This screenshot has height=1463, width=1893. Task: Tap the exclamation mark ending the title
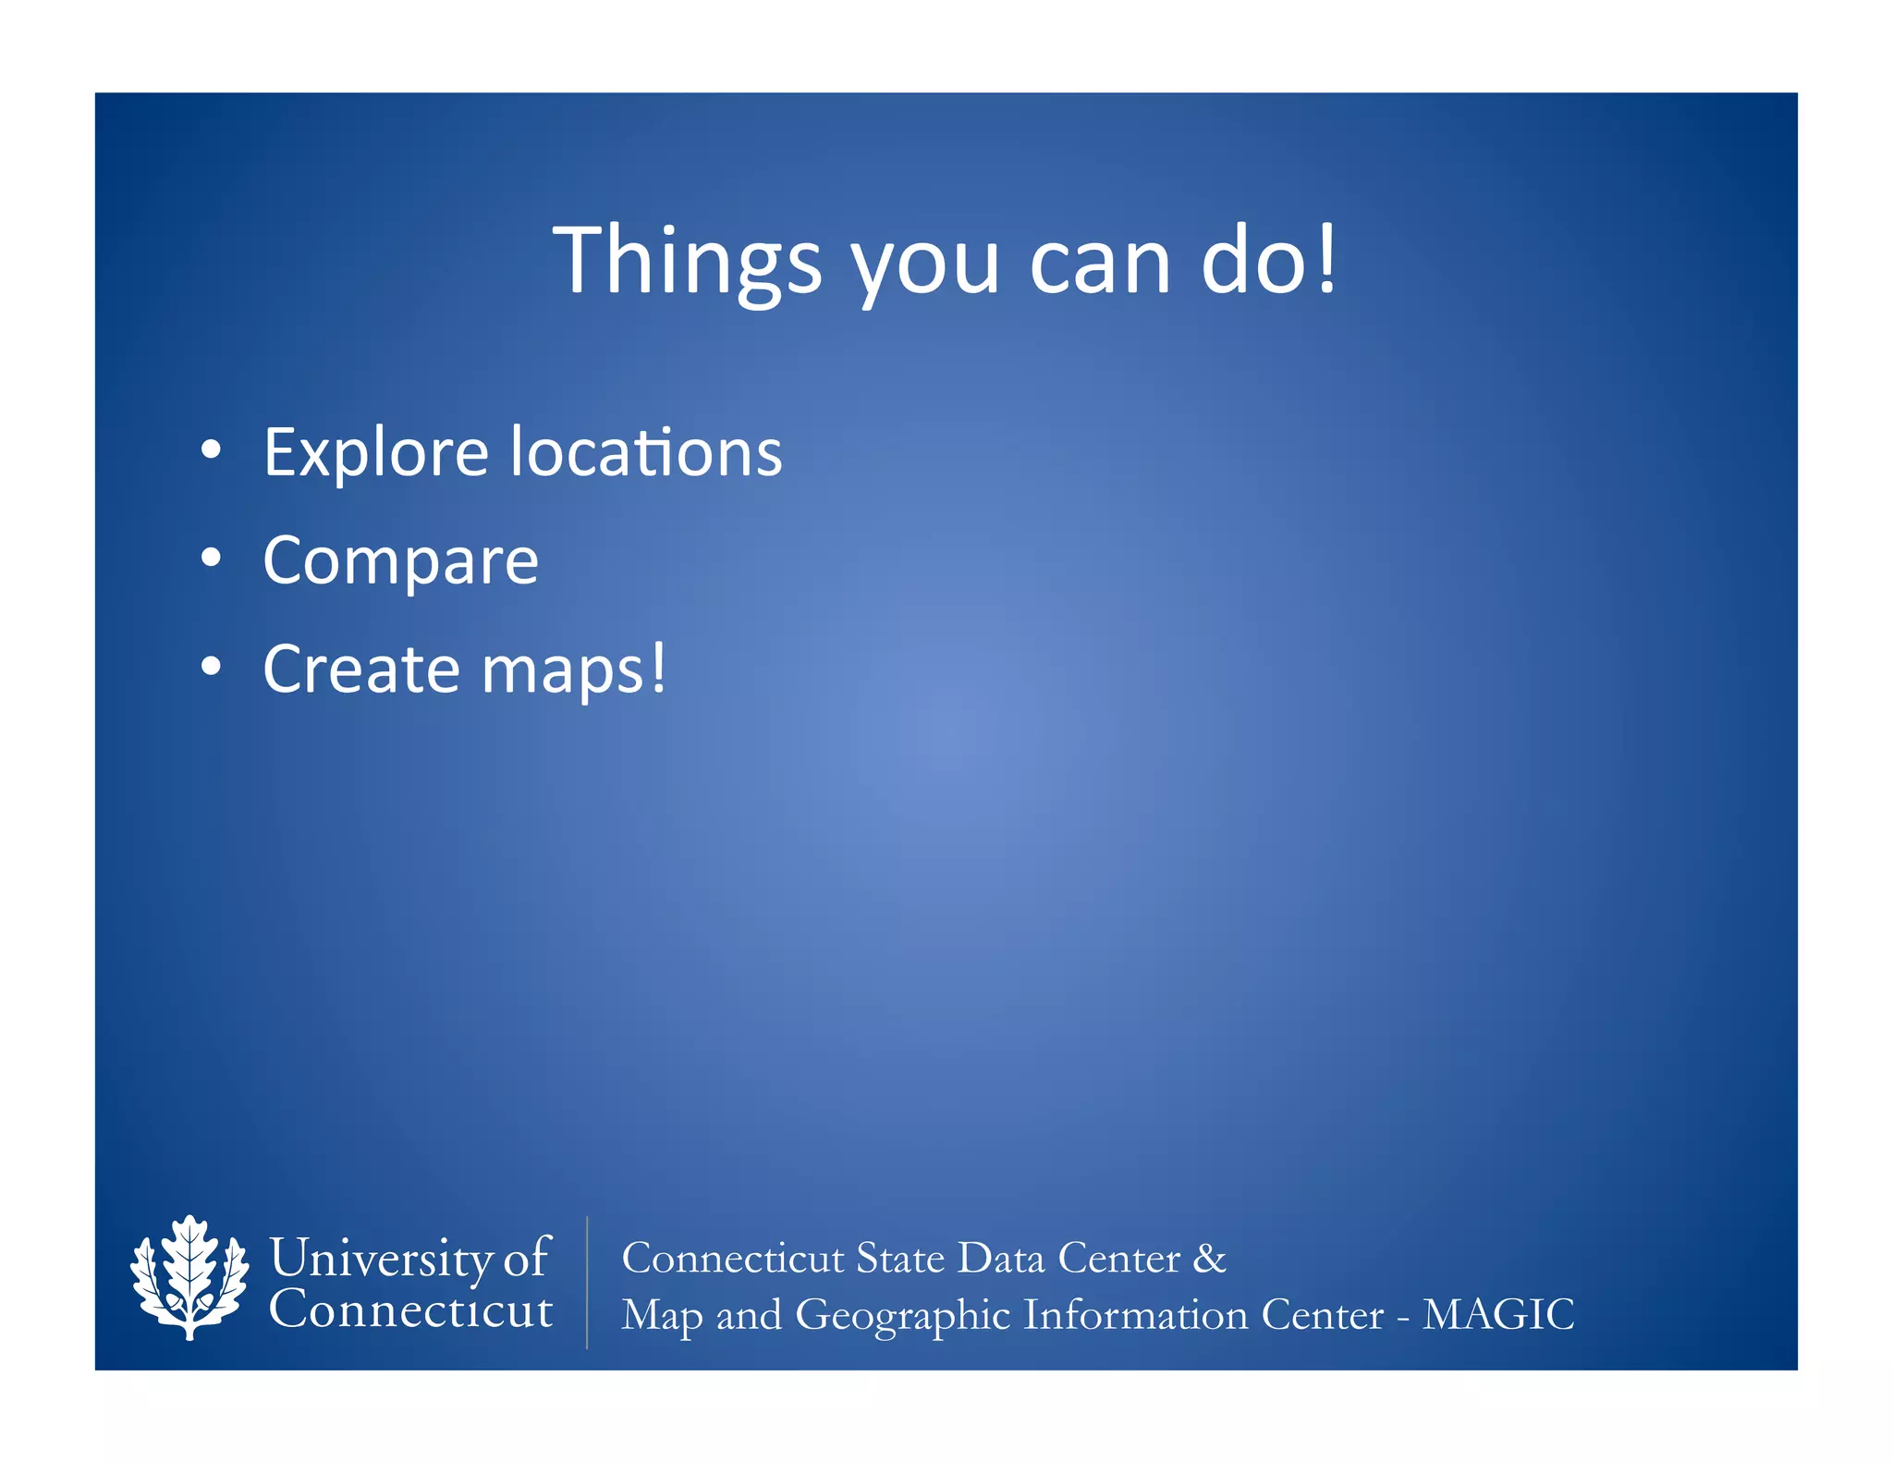pyautogui.click(x=1326, y=259)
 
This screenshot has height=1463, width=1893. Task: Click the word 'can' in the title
pyautogui.click(x=1099, y=264)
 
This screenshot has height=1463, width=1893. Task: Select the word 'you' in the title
pyautogui.click(x=925, y=268)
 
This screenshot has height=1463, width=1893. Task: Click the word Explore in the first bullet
pyautogui.click(x=375, y=453)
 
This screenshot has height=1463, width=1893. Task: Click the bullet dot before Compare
pyautogui.click(x=211, y=558)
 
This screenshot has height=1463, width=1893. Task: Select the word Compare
pyautogui.click(x=400, y=561)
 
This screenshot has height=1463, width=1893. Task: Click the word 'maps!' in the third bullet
pyautogui.click(x=573, y=670)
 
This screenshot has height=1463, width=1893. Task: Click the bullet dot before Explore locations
pyautogui.click(x=211, y=449)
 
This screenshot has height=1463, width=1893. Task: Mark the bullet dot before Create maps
pyautogui.click(x=211, y=666)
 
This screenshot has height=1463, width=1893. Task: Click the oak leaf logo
pyautogui.click(x=189, y=1277)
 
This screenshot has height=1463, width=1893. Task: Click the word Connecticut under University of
pyautogui.click(x=410, y=1309)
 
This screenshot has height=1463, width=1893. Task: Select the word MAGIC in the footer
pyautogui.click(x=1497, y=1314)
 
